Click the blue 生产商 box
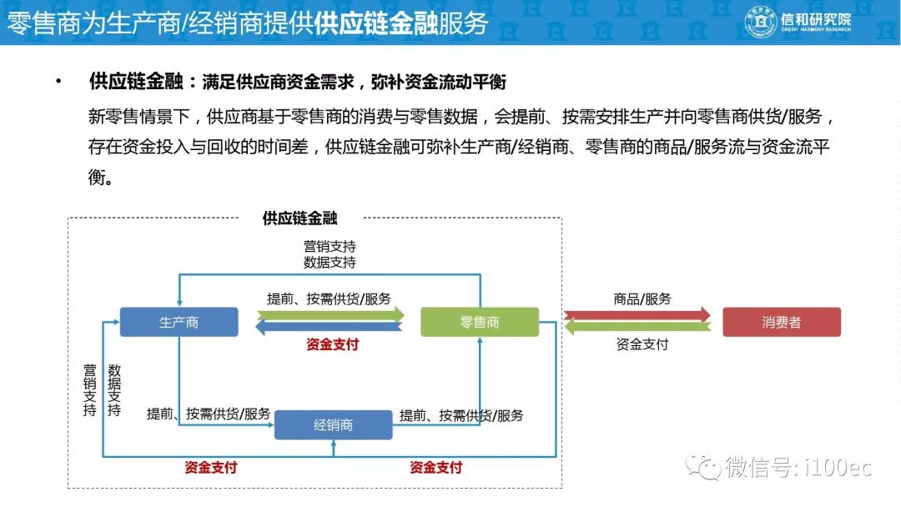pyautogui.click(x=179, y=322)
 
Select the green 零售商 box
pyautogui.click(x=480, y=322)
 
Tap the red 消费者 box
pyautogui.click(x=781, y=322)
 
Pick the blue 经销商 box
pyautogui.click(x=333, y=424)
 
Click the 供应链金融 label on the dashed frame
pyautogui.click(x=299, y=218)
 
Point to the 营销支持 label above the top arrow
pyautogui.click(x=330, y=247)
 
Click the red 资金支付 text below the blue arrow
pyautogui.click(x=333, y=344)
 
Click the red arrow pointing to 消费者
pyautogui.click(x=637, y=315)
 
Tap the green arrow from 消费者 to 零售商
pyautogui.click(x=637, y=328)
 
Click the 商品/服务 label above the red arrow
pyautogui.click(x=642, y=299)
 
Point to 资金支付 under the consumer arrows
pyautogui.click(x=642, y=344)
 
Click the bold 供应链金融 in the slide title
pyautogui.click(x=376, y=23)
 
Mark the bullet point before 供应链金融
pyautogui.click(x=58, y=83)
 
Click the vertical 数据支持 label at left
pyautogui.click(x=114, y=390)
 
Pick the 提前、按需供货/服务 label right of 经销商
pyautogui.click(x=461, y=415)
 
